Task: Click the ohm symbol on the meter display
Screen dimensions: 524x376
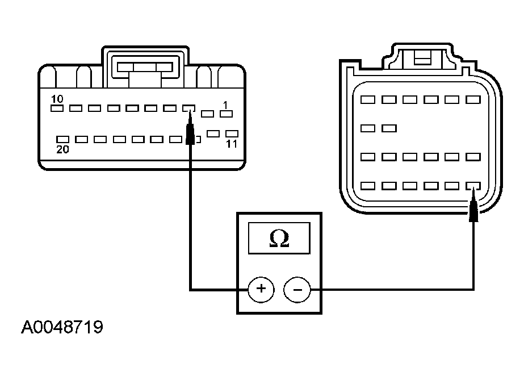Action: [279, 239]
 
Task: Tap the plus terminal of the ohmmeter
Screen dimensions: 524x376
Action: [261, 290]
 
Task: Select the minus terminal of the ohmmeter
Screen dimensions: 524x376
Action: [297, 290]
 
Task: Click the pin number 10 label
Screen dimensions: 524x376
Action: [57, 99]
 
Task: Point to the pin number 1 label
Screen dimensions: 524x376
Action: [225, 105]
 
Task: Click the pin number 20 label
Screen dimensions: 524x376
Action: [62, 149]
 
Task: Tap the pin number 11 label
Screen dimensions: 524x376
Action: [232, 144]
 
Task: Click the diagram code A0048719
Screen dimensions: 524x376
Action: [62, 327]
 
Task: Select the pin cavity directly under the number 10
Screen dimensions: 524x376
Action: [57, 108]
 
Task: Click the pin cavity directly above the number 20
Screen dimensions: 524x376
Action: [62, 139]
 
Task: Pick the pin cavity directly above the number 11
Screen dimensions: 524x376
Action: [232, 133]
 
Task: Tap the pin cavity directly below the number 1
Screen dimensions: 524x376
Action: [226, 114]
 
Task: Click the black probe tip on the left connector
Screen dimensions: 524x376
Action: [190, 129]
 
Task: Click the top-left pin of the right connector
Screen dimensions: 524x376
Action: [368, 99]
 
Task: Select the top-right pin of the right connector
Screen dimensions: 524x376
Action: [473, 99]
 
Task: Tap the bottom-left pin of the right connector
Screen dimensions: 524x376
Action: [368, 186]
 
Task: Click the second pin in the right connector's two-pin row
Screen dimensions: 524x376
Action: [389, 128]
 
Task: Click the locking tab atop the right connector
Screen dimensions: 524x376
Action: [423, 57]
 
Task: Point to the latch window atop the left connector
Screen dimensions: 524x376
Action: [145, 67]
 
